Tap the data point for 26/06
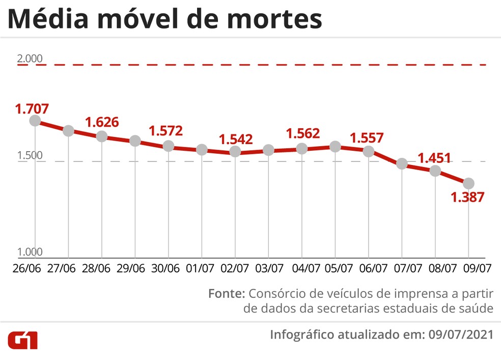(x=35, y=121)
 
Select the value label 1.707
(x=32, y=108)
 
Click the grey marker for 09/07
(x=468, y=183)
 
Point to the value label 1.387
(x=467, y=197)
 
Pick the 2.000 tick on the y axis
(x=30, y=58)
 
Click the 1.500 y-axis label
(x=30, y=155)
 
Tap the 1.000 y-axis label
(x=30, y=252)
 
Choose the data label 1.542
(x=236, y=139)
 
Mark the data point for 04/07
(x=302, y=149)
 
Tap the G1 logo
(x=22, y=341)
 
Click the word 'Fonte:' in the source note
(x=227, y=294)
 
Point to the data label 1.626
(x=102, y=122)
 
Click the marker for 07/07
(x=402, y=164)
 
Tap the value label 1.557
(x=367, y=137)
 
